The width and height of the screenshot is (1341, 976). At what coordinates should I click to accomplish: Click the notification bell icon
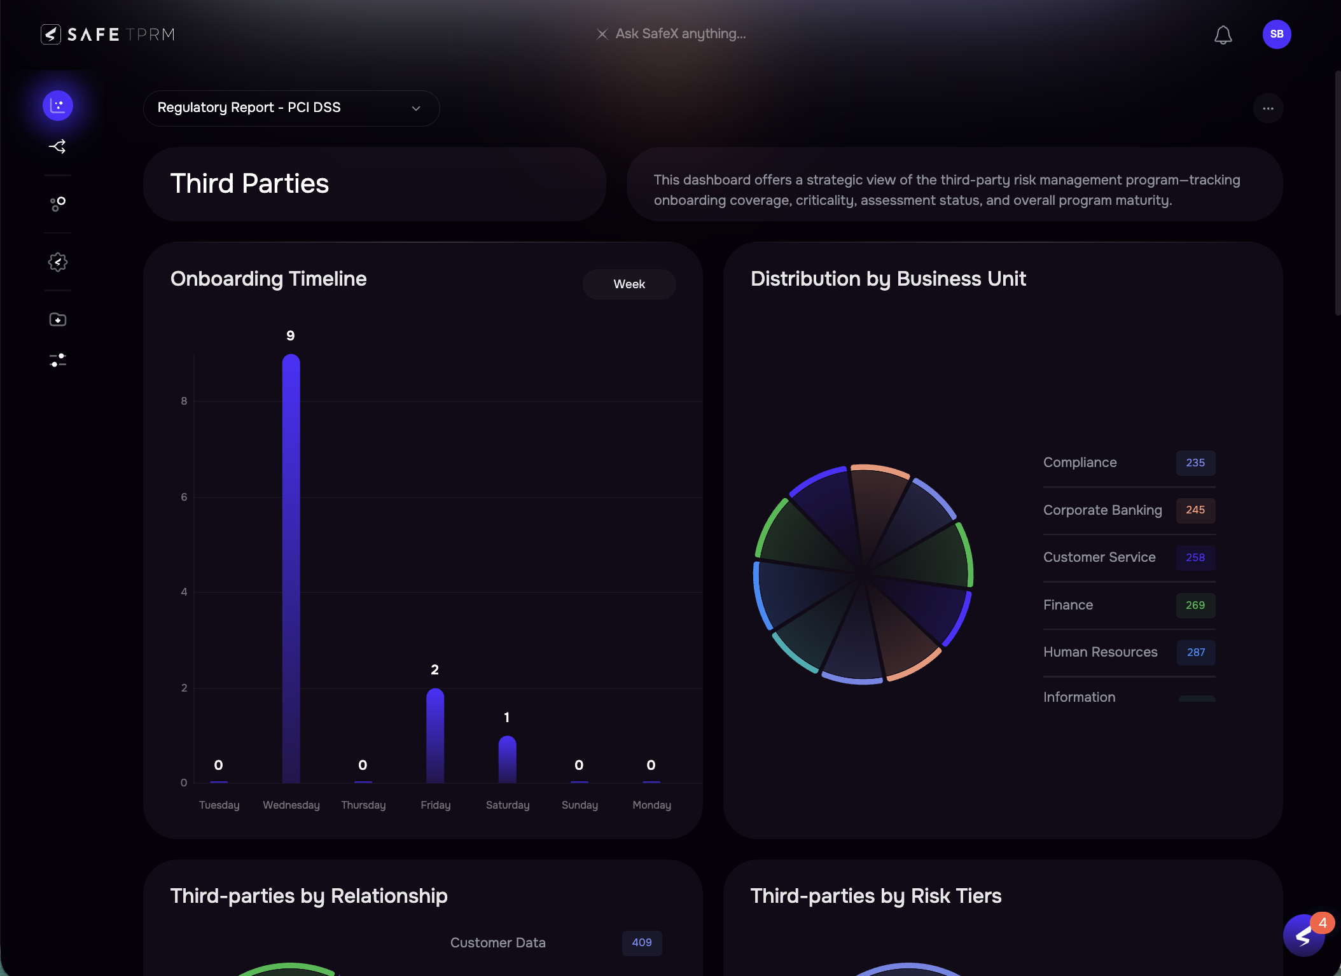(1223, 34)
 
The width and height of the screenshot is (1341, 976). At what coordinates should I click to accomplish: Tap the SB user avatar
(1276, 34)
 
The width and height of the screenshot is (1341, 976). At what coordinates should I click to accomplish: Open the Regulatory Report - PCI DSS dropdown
(291, 108)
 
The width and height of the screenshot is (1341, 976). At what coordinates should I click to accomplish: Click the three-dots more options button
(1268, 108)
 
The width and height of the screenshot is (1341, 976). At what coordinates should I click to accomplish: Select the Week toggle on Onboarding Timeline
(629, 284)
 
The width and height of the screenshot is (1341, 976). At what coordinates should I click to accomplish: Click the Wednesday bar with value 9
(291, 566)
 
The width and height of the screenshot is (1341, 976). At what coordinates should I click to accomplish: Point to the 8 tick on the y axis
(184, 401)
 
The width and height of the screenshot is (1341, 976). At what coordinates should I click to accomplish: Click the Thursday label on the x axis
(363, 805)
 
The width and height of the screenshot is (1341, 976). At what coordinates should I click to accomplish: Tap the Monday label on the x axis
(651, 805)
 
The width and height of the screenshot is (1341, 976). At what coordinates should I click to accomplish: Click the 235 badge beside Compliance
(1195, 463)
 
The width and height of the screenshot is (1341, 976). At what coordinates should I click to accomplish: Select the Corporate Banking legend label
(1102, 510)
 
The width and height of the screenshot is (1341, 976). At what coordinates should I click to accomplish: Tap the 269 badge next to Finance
(1195, 605)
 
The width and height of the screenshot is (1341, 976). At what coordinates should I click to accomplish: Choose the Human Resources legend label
(1100, 652)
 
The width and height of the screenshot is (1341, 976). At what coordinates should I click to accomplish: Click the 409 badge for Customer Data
(641, 943)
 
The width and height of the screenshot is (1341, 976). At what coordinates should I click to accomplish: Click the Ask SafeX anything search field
(680, 34)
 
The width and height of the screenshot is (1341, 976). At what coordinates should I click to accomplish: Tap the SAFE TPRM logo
(108, 34)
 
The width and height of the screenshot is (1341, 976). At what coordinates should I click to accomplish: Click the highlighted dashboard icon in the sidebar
(58, 106)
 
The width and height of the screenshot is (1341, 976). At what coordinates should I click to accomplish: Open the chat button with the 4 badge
(1303, 935)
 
